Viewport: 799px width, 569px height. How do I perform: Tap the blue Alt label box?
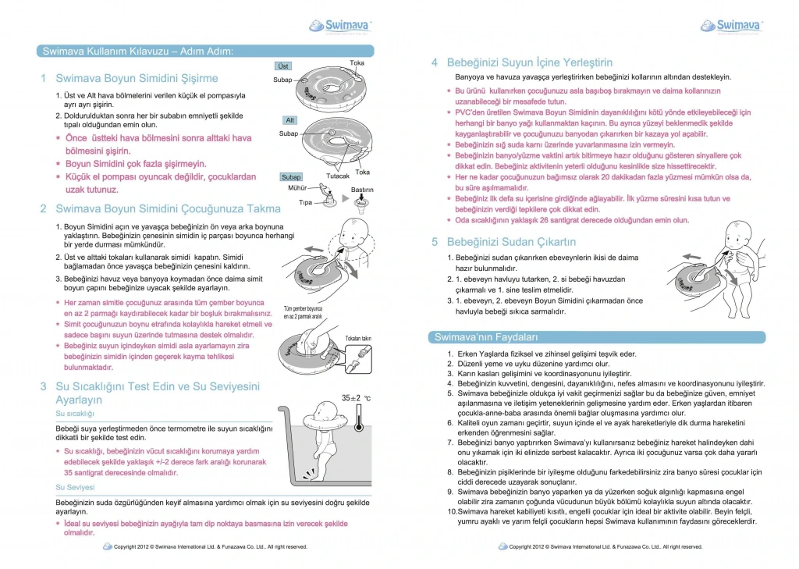click(289, 119)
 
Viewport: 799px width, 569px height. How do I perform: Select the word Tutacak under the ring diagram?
click(337, 177)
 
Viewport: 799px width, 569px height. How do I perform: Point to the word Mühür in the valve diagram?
click(297, 188)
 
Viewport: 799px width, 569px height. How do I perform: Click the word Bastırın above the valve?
click(363, 190)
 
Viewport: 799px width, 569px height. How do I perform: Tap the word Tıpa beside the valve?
click(305, 202)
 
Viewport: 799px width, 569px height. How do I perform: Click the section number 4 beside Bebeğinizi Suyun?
click(435, 62)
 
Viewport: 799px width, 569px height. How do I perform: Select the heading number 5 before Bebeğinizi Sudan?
click(435, 241)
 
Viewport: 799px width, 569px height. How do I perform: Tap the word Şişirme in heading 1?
click(197, 78)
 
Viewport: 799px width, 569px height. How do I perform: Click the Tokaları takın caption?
click(357, 339)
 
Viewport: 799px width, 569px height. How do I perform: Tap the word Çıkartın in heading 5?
click(555, 241)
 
